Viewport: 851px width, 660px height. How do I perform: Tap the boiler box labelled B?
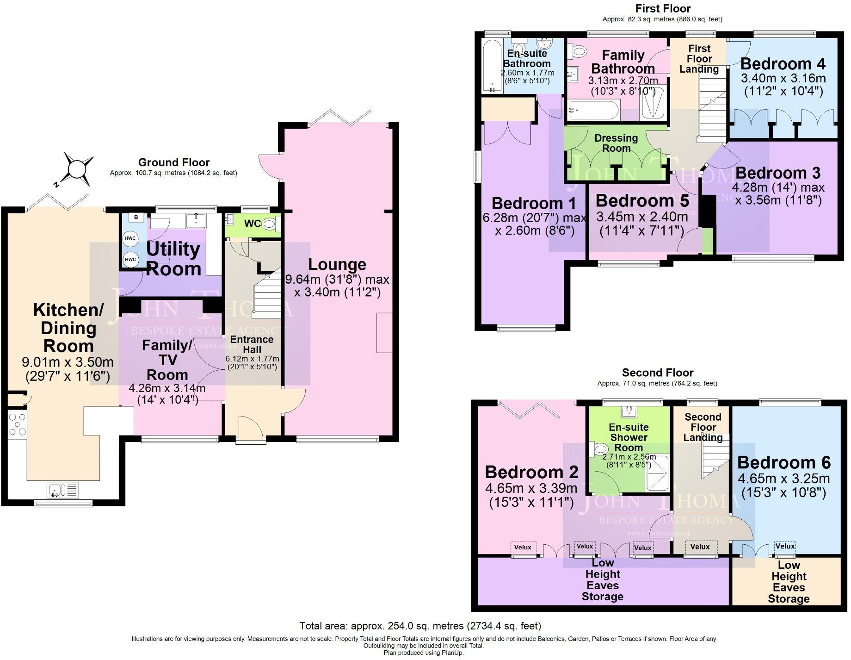tap(136, 218)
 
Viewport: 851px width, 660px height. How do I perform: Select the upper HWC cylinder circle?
tap(130, 238)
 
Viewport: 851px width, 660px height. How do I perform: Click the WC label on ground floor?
tap(252, 224)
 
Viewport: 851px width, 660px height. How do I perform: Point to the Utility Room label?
tap(173, 259)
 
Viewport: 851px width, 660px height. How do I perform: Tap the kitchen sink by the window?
tap(63, 489)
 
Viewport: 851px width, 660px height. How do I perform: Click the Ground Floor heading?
tap(174, 162)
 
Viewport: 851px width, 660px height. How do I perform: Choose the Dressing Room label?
tap(616, 143)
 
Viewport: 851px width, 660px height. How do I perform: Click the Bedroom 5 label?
tap(642, 201)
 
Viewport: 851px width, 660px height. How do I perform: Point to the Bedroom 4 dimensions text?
tap(783, 85)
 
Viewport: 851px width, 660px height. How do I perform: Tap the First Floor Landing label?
tap(699, 59)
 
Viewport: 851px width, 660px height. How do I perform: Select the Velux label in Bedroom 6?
tap(785, 546)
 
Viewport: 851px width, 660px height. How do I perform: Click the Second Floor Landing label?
tap(703, 427)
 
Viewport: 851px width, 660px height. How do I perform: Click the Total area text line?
tap(420, 626)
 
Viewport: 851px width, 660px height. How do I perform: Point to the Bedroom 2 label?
tap(531, 472)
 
